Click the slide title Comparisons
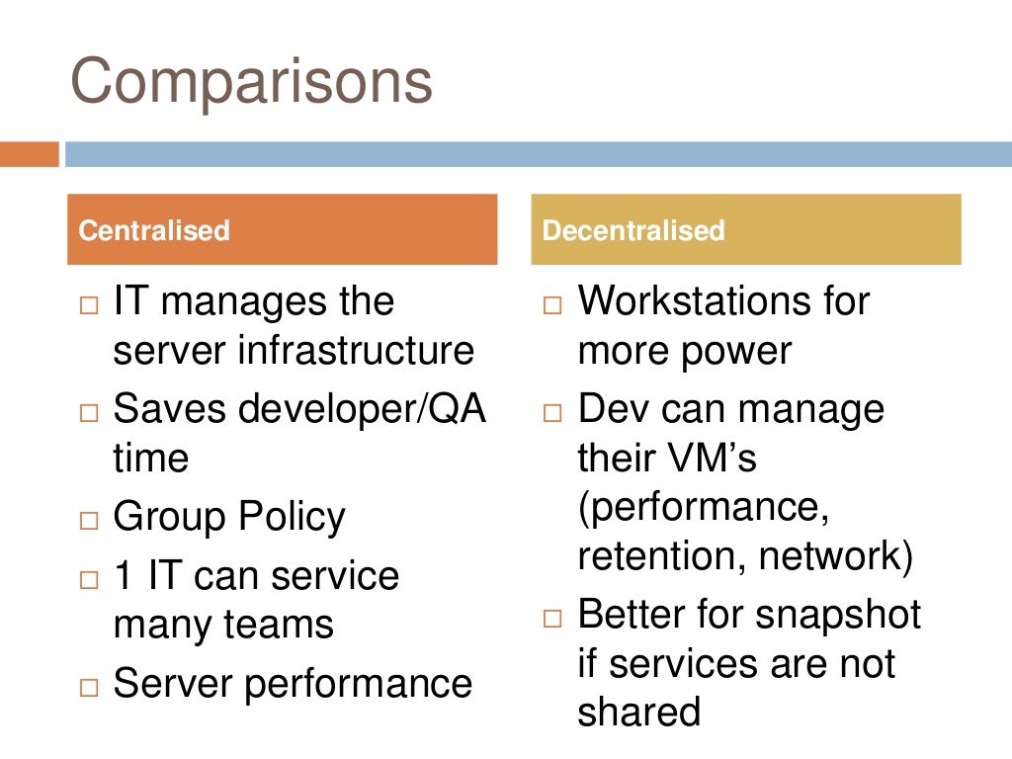point(251,81)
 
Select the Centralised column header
point(154,231)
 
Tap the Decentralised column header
point(633,231)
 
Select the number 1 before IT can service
point(124,576)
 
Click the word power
point(742,351)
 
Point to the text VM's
point(710,459)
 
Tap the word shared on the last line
point(638,712)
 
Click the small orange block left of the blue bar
point(29,154)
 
